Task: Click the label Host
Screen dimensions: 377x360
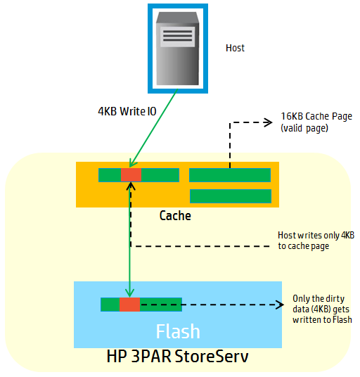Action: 235,48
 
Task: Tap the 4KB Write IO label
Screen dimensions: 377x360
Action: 127,111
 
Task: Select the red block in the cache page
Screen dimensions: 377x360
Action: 131,175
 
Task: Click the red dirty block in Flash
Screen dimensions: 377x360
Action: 129,304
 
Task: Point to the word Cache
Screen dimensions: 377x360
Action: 175,215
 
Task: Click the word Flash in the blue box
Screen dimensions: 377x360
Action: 178,331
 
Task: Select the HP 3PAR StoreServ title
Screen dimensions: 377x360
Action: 177,357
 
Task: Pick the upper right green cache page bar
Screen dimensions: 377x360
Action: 230,175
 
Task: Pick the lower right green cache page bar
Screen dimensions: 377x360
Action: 230,196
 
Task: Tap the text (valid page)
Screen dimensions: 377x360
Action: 304,129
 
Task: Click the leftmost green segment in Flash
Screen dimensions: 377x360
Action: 110,304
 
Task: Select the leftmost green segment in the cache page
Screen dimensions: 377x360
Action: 109,175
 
